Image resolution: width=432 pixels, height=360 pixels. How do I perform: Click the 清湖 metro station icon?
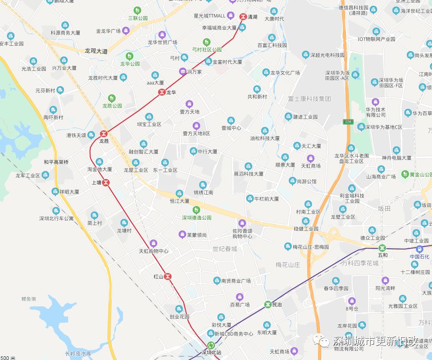[243, 17]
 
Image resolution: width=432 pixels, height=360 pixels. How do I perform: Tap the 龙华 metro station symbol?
[162, 92]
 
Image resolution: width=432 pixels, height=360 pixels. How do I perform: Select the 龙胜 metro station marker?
[104, 134]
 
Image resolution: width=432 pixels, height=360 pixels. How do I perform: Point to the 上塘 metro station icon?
[106, 182]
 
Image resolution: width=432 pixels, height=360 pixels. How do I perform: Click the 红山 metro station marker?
[168, 276]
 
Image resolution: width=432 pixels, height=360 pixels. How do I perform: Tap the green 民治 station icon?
[268, 305]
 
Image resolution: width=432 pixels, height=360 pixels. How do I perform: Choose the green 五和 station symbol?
[382, 248]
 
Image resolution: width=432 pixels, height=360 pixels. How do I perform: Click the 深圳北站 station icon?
[211, 345]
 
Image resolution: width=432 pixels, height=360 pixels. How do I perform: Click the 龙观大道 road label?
[96, 51]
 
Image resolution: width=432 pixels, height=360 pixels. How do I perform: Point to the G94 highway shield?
[349, 122]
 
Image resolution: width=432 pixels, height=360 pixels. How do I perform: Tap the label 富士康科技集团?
[309, 99]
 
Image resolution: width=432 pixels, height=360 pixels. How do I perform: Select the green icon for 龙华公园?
[130, 56]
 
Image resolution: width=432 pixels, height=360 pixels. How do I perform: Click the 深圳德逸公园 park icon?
[197, 210]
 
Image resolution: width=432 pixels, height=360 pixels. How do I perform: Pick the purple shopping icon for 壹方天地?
[189, 104]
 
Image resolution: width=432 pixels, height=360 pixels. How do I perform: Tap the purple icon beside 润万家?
[182, 72]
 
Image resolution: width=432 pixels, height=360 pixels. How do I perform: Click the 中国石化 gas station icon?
[420, 249]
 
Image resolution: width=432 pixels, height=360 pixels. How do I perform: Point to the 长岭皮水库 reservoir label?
[78, 354]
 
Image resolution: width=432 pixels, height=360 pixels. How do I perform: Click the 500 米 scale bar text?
[7, 357]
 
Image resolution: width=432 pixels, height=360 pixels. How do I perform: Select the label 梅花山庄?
[288, 265]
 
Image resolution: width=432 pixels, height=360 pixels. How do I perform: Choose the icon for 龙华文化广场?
[266, 73]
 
